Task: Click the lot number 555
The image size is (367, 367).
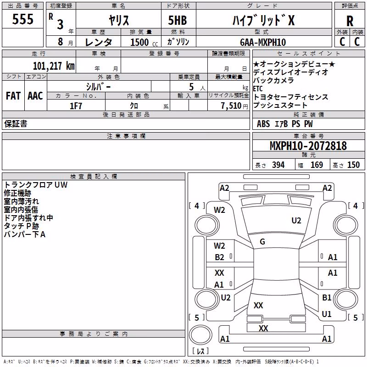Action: [x=22, y=19]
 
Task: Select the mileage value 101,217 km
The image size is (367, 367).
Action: [x=54, y=66]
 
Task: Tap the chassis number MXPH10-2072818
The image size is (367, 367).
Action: [x=308, y=146]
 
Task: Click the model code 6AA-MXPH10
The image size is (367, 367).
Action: [x=263, y=42]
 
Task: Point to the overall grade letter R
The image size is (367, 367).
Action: [x=350, y=21]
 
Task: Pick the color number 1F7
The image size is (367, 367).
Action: [x=76, y=106]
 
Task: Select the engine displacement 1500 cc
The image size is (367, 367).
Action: [x=144, y=42]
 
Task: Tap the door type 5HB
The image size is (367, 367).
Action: [x=178, y=20]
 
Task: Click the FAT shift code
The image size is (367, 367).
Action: [x=13, y=96]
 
